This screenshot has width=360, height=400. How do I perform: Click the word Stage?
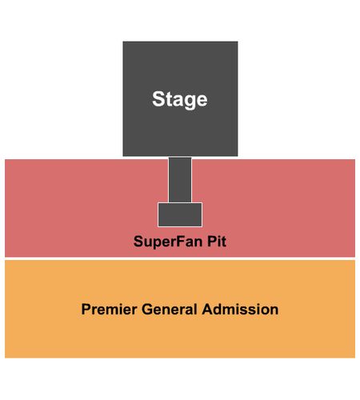pos(180,99)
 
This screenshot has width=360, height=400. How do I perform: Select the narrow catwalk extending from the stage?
pos(180,180)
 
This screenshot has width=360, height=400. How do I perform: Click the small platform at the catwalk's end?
pos(180,214)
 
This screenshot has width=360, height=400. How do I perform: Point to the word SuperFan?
pos(168,242)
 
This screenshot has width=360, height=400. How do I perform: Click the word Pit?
pos(217,241)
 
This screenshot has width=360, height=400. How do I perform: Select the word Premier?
pos(109,310)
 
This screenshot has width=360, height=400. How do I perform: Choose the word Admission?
pos(240,310)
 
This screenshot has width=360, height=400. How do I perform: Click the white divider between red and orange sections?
pos(180,258)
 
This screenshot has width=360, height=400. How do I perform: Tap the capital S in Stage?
pos(158,99)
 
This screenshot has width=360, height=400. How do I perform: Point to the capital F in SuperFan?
pos(178,242)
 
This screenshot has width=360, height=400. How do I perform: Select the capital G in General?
pos(147,310)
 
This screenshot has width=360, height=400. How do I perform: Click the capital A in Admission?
pos(208,310)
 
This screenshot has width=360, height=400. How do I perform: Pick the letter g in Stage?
pos(190,102)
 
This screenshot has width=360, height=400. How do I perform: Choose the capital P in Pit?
pos(212,242)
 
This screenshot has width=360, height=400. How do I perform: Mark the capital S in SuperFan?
pos(138,242)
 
